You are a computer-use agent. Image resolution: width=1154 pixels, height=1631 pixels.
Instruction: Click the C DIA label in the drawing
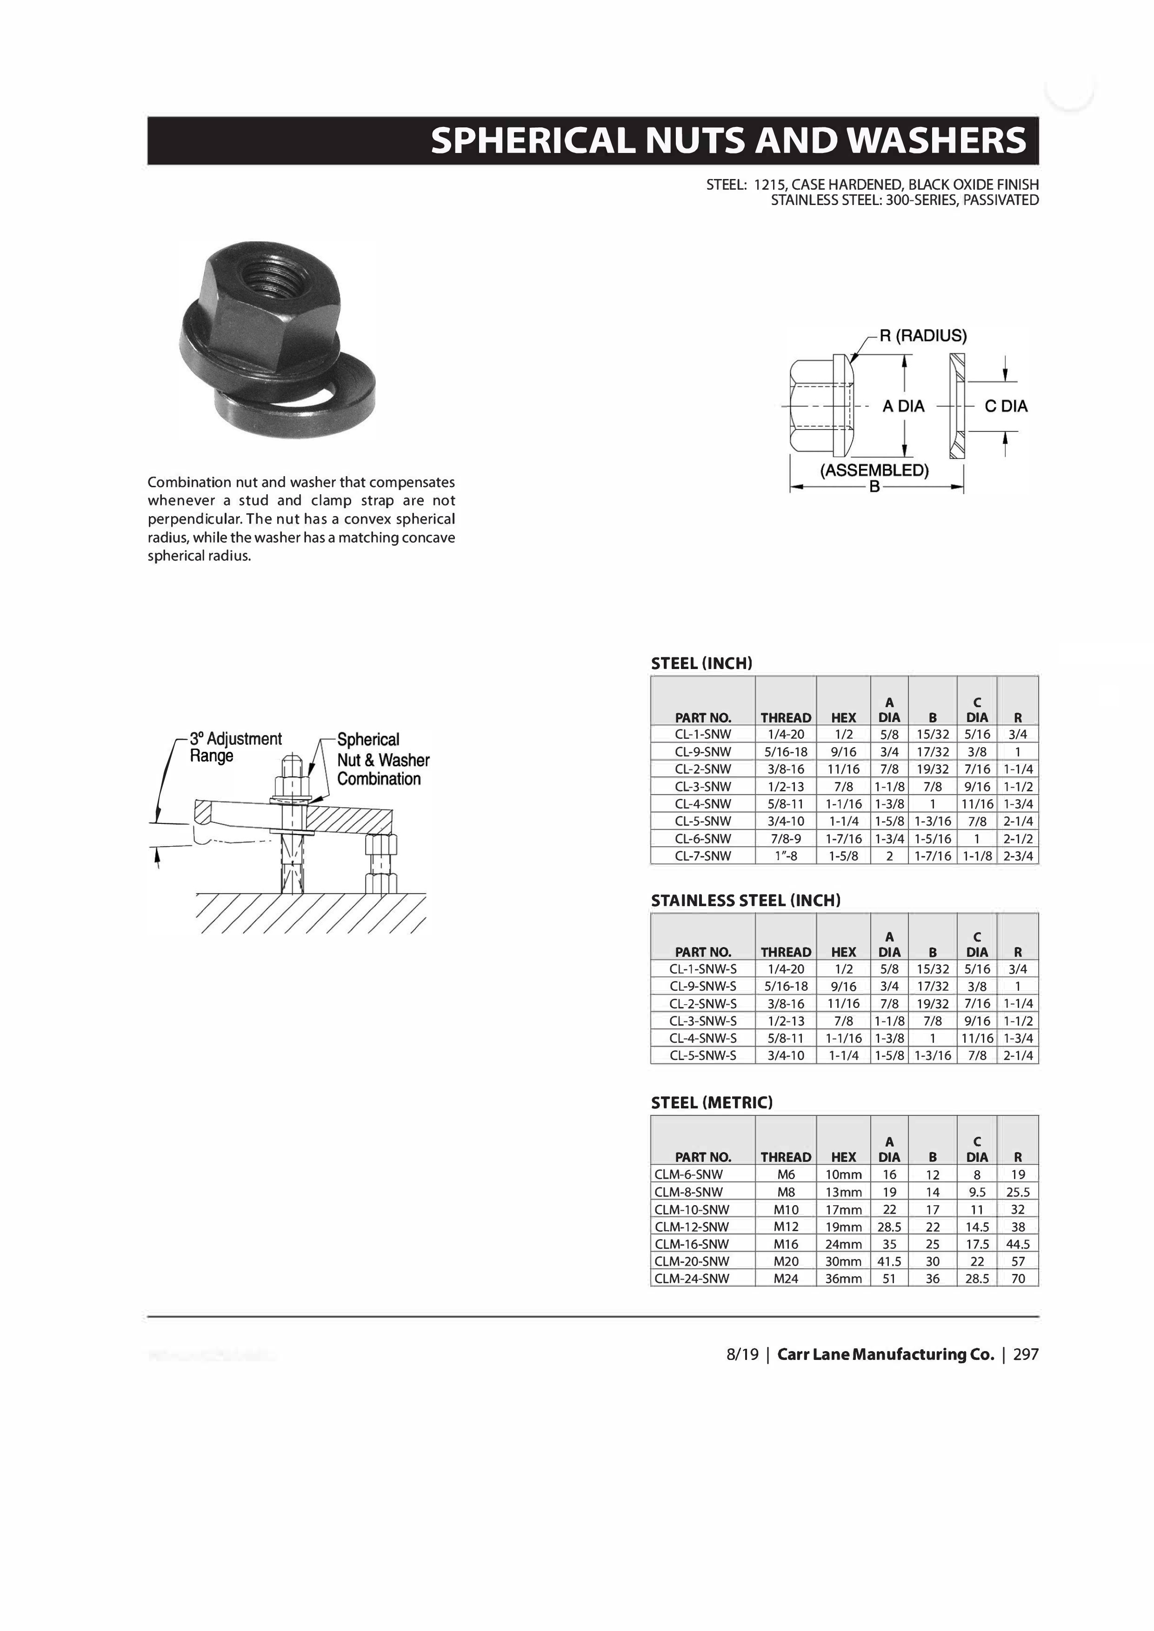(1006, 406)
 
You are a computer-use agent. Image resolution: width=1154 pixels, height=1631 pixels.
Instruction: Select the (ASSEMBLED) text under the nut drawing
(874, 470)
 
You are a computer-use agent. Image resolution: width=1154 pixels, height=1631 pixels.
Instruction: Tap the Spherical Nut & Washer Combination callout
(383, 759)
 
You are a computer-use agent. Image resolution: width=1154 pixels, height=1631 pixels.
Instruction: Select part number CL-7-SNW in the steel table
(703, 856)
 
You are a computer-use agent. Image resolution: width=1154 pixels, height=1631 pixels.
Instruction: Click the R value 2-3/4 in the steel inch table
(1018, 856)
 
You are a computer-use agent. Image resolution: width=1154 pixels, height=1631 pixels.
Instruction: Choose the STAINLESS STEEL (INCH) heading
(746, 901)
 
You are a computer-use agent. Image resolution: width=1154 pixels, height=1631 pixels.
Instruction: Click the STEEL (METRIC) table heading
(711, 1102)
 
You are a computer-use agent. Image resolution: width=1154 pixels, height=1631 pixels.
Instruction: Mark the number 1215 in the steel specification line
(768, 185)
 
